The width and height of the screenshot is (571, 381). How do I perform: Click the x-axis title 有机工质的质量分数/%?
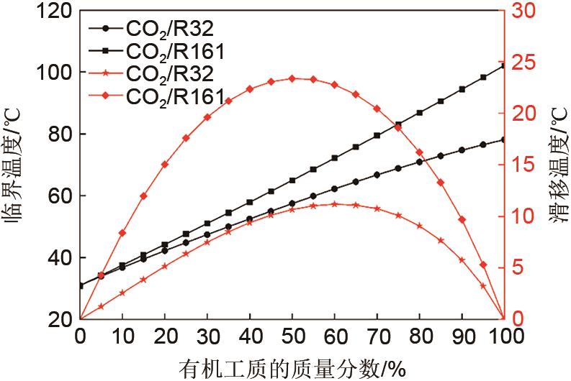(x=292, y=368)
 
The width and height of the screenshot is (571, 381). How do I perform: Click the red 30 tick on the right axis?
(x=524, y=11)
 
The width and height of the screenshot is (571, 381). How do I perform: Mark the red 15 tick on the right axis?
(x=524, y=165)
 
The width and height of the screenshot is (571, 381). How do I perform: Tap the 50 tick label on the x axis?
(x=292, y=336)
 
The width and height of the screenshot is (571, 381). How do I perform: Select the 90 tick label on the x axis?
(x=462, y=336)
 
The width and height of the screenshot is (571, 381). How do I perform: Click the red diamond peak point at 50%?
(x=292, y=78)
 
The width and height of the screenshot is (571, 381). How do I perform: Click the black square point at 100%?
(x=503, y=66)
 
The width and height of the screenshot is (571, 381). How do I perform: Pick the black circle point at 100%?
(x=503, y=139)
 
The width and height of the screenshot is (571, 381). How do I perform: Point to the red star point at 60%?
(x=334, y=204)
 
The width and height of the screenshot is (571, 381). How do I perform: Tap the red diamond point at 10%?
(x=122, y=233)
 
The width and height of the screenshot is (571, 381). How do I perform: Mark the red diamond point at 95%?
(x=483, y=265)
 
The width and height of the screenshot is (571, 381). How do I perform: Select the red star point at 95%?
(x=483, y=285)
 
